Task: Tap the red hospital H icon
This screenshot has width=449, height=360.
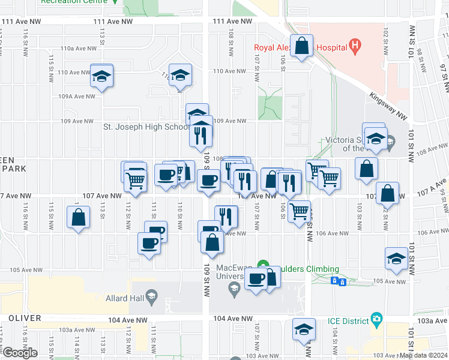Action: (355, 44)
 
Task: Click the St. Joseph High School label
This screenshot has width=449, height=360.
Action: (146, 127)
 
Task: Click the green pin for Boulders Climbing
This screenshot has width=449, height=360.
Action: (262, 264)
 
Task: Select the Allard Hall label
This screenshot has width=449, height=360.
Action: (124, 298)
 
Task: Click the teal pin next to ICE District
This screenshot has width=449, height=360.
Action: (376, 317)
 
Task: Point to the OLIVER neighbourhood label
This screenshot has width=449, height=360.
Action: (25, 318)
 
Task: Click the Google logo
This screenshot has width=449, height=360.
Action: (20, 353)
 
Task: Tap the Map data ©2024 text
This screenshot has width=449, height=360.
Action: (424, 355)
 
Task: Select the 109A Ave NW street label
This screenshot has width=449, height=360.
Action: (74, 96)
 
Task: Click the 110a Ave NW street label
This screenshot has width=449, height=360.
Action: (76, 49)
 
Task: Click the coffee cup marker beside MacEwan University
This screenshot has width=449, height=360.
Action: (256, 279)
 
